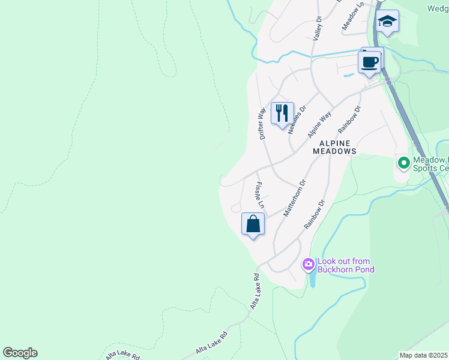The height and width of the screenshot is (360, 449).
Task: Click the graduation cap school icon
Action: [388, 22]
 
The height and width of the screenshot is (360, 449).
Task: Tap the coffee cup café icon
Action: [369, 62]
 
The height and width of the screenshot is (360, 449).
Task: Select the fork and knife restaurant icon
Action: [282, 113]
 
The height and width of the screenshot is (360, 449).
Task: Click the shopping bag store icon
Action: [253, 224]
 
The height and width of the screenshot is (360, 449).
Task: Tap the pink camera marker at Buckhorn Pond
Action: [309, 264]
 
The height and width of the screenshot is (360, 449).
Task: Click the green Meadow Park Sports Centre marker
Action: [403, 162]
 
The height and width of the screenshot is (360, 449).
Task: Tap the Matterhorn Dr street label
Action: [295, 197]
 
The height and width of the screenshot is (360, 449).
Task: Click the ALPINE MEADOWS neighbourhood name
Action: [335, 148]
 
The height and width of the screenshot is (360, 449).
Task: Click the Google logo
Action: [20, 353]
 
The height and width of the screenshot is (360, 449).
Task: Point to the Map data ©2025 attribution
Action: [424, 355]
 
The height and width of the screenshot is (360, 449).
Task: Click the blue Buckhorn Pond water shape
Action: [311, 278]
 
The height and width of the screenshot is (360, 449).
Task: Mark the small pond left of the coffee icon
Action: [348, 76]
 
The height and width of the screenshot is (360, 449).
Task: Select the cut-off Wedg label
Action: [438, 8]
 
